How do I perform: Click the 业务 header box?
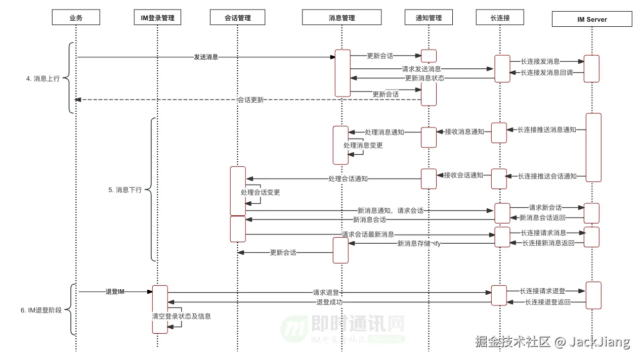pyautogui.click(x=76, y=18)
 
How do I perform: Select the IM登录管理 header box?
pyautogui.click(x=157, y=18)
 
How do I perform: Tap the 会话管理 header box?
pyautogui.click(x=237, y=18)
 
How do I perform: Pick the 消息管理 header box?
pyautogui.click(x=342, y=18)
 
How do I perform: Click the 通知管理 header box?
pyautogui.click(x=429, y=18)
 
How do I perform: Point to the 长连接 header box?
pyautogui.click(x=500, y=18)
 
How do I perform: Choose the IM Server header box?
pyautogui.click(x=591, y=19)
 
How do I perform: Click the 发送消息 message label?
pyautogui.click(x=206, y=57)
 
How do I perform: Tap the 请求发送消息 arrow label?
pyautogui.click(x=421, y=69)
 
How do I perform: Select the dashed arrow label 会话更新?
pyautogui.click(x=250, y=100)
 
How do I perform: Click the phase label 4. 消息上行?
pyautogui.click(x=42, y=79)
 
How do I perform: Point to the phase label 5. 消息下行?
pyautogui.click(x=125, y=190)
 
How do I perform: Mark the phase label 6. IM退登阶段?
pyautogui.click(x=41, y=310)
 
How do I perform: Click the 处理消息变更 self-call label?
pyautogui.click(x=363, y=146)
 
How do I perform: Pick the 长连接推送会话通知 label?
pyautogui.click(x=547, y=176)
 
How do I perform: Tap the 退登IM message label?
pyautogui.click(x=115, y=292)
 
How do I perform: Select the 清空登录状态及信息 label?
pyautogui.click(x=181, y=316)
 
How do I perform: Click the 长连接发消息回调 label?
pyautogui.click(x=547, y=73)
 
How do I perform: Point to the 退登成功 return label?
pyautogui.click(x=329, y=302)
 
